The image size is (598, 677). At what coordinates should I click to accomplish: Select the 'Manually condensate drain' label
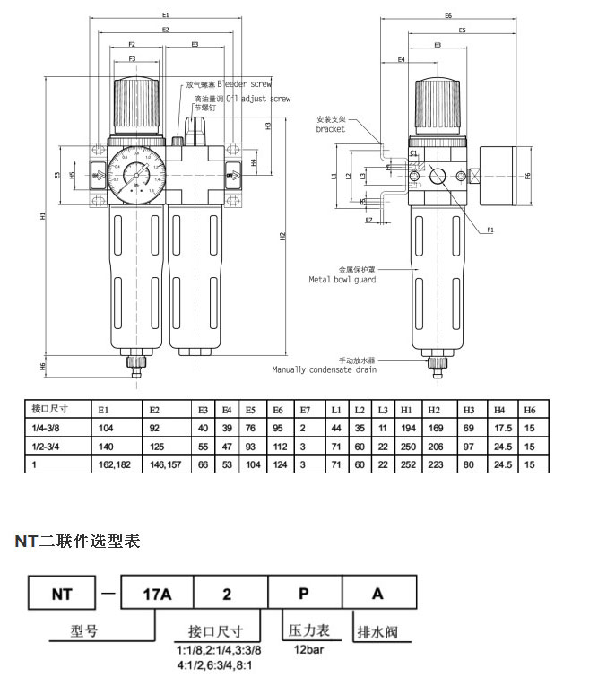(325, 369)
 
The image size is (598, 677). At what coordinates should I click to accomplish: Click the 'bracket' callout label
(331, 128)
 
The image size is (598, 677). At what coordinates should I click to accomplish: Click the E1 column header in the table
(105, 408)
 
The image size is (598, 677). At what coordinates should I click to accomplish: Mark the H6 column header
(530, 408)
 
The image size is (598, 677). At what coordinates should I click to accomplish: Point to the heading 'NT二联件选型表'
(77, 542)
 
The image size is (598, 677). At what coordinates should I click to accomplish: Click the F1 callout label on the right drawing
(491, 231)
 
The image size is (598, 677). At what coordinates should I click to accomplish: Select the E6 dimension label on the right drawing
(448, 16)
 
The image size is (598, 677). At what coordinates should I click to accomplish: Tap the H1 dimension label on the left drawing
(44, 218)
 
